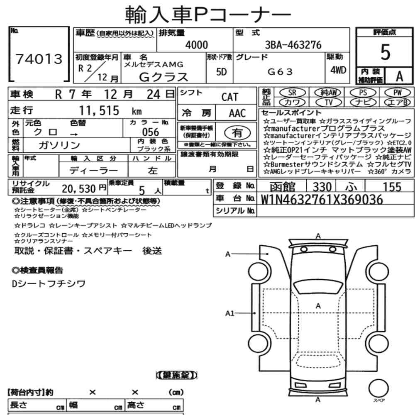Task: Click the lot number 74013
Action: point(39,59)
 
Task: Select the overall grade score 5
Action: point(385,52)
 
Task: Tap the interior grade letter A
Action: point(399,76)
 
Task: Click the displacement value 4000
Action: point(196,45)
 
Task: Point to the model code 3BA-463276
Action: point(293,45)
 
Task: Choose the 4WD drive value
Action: point(338,70)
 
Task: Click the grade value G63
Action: point(280,71)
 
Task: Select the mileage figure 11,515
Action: point(99,110)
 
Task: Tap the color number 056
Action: point(150,132)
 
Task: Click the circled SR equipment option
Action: point(292,93)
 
